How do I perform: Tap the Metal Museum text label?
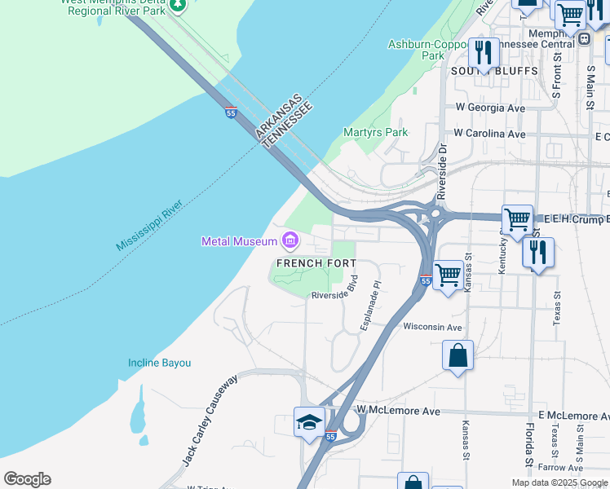click(240, 241)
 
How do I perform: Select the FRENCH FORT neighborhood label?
click(316, 263)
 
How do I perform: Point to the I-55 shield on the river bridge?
click(232, 113)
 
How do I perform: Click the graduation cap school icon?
click(309, 422)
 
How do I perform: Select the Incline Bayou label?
click(159, 363)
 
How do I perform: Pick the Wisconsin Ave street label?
click(432, 327)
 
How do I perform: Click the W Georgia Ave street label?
click(490, 108)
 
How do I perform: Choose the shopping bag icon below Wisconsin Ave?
click(457, 355)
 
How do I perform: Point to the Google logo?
click(27, 479)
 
